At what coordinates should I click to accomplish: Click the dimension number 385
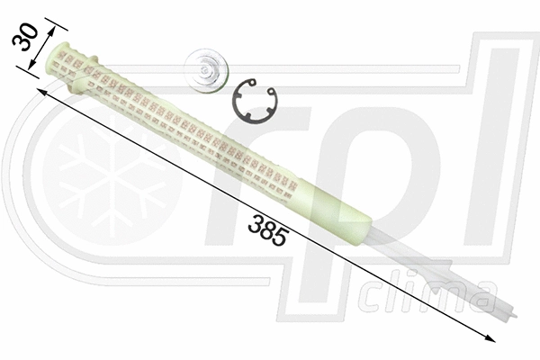[x=267, y=229]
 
